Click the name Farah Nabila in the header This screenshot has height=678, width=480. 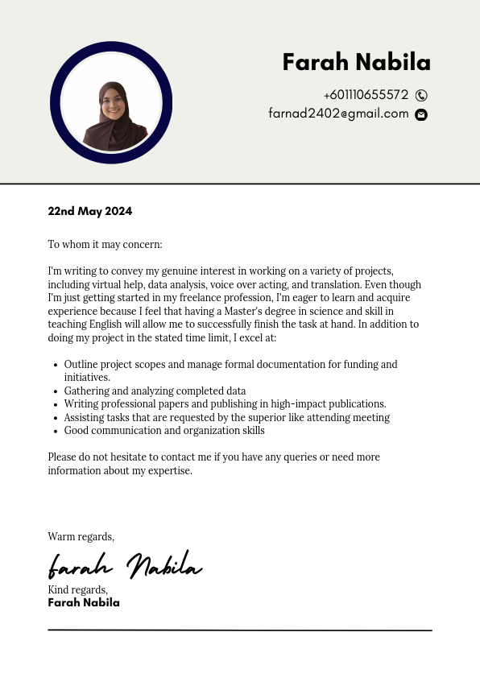(356, 62)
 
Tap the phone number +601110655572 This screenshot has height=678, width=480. (366, 95)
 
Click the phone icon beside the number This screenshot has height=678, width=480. (421, 95)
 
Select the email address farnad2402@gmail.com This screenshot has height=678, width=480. (338, 114)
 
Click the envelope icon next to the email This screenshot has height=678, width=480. (421, 114)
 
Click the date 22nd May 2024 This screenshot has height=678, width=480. (89, 211)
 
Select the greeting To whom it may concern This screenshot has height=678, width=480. (105, 244)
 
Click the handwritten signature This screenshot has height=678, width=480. (124, 565)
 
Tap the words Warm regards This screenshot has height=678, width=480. (81, 536)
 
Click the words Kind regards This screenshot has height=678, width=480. (77, 590)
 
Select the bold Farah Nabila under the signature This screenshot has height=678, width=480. (84, 602)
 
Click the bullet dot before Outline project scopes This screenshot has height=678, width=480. (54, 365)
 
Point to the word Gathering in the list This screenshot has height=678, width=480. (86, 391)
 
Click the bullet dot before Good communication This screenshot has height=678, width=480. (54, 431)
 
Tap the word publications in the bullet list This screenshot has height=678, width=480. (355, 404)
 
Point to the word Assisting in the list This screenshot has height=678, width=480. (84, 418)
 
